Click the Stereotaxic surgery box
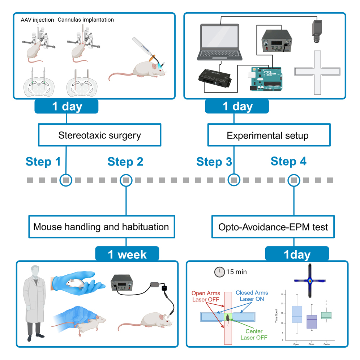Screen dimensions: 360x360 tap(100, 136)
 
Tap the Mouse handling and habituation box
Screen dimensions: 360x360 tap(101, 227)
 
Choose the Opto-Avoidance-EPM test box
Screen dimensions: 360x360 tap(273, 227)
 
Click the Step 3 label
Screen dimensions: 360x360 tap(214, 162)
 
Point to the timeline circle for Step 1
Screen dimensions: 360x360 tap(66, 180)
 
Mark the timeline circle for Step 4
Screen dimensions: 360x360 tap(294, 180)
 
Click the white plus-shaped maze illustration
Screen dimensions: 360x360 tap(317, 72)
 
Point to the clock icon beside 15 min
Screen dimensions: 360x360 tap(219, 272)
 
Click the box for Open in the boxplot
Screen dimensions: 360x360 tap(296, 317)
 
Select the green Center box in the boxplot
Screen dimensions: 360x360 tap(326, 316)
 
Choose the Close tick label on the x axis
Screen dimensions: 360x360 tap(311, 344)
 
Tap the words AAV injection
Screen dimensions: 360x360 tap(38, 20)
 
